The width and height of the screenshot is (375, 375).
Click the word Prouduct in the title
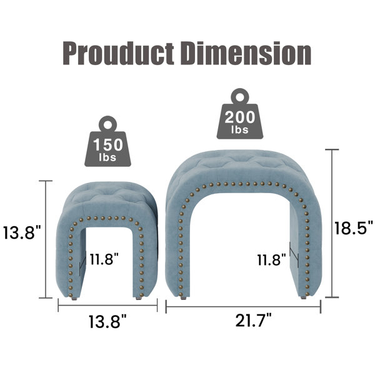tap(119, 53)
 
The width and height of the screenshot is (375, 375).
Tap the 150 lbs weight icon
tap(107, 142)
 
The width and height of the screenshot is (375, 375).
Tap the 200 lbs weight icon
tap(240, 114)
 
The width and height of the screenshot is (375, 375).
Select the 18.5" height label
tap(353, 228)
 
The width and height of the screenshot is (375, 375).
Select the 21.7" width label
tap(253, 321)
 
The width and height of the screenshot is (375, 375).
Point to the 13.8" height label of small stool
tap(22, 232)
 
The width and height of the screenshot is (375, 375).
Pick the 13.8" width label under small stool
tap(107, 322)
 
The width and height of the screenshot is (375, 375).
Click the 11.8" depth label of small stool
tap(104, 259)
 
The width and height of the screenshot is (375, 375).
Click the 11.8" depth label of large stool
tap(271, 260)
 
